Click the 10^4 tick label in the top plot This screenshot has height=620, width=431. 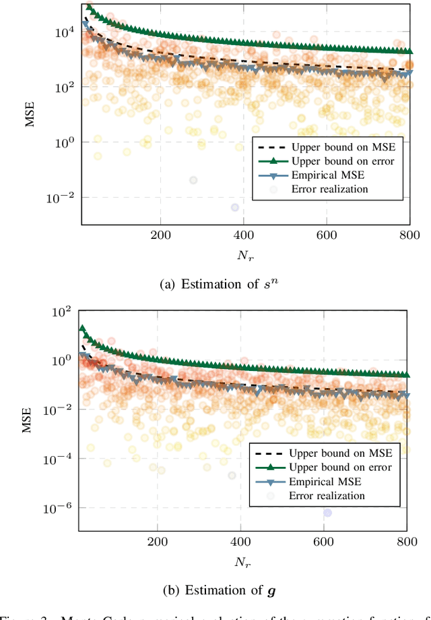tap(63, 32)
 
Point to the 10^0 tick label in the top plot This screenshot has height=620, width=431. tap(64, 142)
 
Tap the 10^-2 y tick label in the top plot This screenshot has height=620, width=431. tap(61, 198)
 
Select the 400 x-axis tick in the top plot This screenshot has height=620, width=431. tap(243, 235)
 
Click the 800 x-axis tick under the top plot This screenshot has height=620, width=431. tap(409, 235)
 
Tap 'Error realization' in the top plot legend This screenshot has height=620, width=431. tap(329, 189)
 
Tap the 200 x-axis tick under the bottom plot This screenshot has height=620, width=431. tap(157, 542)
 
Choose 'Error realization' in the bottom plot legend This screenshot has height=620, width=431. tap(326, 496)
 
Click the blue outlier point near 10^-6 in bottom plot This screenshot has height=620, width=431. tap(327, 513)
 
